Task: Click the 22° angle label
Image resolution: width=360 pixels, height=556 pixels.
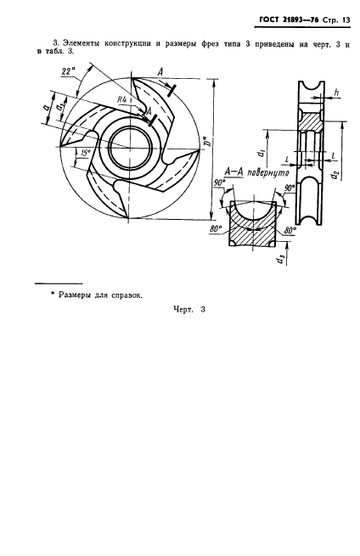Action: [69, 71]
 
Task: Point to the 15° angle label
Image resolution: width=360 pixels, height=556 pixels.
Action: [85, 153]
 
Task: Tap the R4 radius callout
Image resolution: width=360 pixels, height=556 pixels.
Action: [121, 99]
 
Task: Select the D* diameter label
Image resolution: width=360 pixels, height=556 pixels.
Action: [209, 141]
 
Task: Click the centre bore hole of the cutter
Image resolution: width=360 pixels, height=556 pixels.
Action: [131, 147]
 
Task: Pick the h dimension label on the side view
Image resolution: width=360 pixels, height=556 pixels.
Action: [337, 93]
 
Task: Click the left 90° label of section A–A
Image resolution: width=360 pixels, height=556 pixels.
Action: [220, 183]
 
